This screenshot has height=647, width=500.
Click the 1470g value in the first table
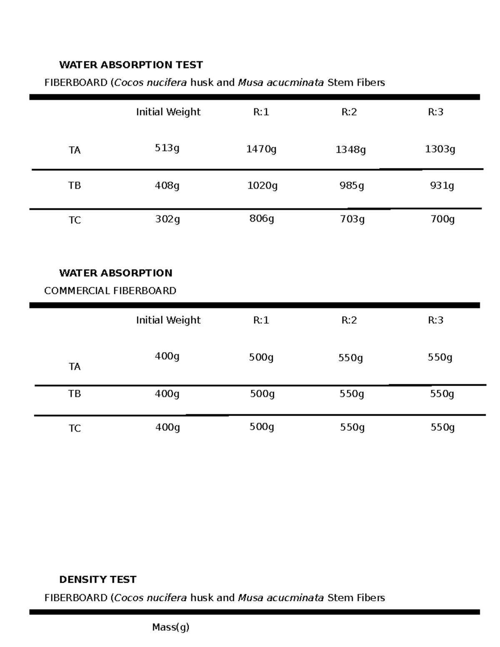pyautogui.click(x=261, y=149)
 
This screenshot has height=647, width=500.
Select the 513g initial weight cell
pyautogui.click(x=167, y=148)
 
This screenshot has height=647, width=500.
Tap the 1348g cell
pyautogui.click(x=351, y=150)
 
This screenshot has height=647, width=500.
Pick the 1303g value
pyautogui.click(x=440, y=149)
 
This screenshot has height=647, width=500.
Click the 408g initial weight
pyautogui.click(x=167, y=185)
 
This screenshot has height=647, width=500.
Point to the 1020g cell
pyautogui.click(x=262, y=185)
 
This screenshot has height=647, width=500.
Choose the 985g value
pyautogui.click(x=352, y=185)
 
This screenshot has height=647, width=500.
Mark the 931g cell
pyautogui.click(x=442, y=185)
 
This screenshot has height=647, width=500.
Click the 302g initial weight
pyautogui.click(x=167, y=219)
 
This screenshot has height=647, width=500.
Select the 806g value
pyautogui.click(x=262, y=218)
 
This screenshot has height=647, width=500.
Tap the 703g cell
pyautogui.click(x=352, y=219)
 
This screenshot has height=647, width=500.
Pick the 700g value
pyautogui.click(x=442, y=219)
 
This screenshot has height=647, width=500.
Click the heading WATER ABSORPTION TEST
pyautogui.click(x=131, y=65)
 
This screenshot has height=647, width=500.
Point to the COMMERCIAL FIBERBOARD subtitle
pyautogui.click(x=110, y=291)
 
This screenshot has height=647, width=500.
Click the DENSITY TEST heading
pyautogui.click(x=97, y=580)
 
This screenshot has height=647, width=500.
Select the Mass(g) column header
pyautogui.click(x=171, y=627)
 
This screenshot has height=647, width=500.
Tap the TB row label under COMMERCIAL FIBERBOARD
pyautogui.click(x=75, y=394)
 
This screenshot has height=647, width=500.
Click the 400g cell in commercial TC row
pyautogui.click(x=167, y=427)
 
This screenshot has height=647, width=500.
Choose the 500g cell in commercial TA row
pyautogui.click(x=261, y=357)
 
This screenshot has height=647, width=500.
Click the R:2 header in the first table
pyautogui.click(x=349, y=112)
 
